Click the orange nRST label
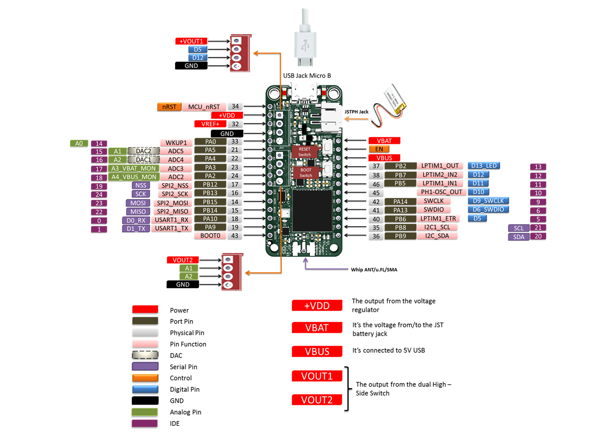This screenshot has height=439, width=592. (169, 107)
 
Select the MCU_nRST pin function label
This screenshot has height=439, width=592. (204, 107)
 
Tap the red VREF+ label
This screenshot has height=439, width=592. (210, 124)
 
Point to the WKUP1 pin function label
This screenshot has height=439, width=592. (176, 143)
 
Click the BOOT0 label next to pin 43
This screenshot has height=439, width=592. (210, 236)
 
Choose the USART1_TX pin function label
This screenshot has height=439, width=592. (171, 229)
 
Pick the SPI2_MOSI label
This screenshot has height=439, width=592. (172, 203)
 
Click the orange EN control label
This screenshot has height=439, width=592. (379, 149)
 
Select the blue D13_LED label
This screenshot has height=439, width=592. (483, 166)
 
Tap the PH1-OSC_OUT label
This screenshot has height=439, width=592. (441, 192)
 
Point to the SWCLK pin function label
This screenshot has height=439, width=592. (433, 201)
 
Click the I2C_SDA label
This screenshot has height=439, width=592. (437, 236)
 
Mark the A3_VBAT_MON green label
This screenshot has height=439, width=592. (133, 168)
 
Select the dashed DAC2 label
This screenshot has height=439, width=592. (144, 151)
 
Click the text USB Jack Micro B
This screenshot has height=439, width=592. (307, 76)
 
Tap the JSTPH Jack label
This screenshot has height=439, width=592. (356, 112)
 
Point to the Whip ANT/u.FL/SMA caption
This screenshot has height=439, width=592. (374, 269)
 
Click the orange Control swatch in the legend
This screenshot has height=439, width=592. (145, 378)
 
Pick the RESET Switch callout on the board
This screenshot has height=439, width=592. (304, 152)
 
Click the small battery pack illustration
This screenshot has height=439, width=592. (395, 101)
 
